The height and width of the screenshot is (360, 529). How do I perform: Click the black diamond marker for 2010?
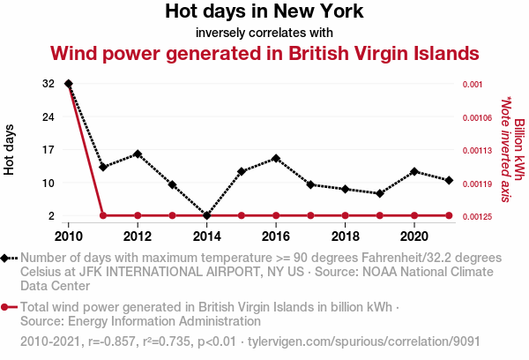tap(69, 84)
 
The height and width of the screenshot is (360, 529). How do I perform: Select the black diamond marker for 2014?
tap(207, 215)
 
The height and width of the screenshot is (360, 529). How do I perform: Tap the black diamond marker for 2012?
tap(138, 154)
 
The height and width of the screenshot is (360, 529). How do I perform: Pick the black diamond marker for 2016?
tap(276, 159)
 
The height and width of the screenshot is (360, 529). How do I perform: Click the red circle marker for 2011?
tap(103, 215)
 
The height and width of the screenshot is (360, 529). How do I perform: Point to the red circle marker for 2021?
tap(450, 215)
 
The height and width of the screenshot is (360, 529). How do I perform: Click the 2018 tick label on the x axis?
tap(346, 236)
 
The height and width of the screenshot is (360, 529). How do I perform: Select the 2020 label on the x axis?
tap(414, 236)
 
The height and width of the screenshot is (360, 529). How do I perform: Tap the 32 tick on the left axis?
tap(48, 84)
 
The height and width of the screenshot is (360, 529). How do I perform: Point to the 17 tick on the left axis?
tap(48, 150)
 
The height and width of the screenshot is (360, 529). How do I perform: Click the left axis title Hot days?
tap(10, 150)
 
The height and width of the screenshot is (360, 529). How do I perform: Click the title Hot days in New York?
tap(264, 12)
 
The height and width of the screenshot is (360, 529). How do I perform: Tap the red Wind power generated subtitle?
tap(264, 53)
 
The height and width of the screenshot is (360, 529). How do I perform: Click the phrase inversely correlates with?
tap(264, 33)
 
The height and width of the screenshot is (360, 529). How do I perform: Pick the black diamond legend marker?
tap(7, 258)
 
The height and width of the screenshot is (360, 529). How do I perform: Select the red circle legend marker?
tap(7, 307)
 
